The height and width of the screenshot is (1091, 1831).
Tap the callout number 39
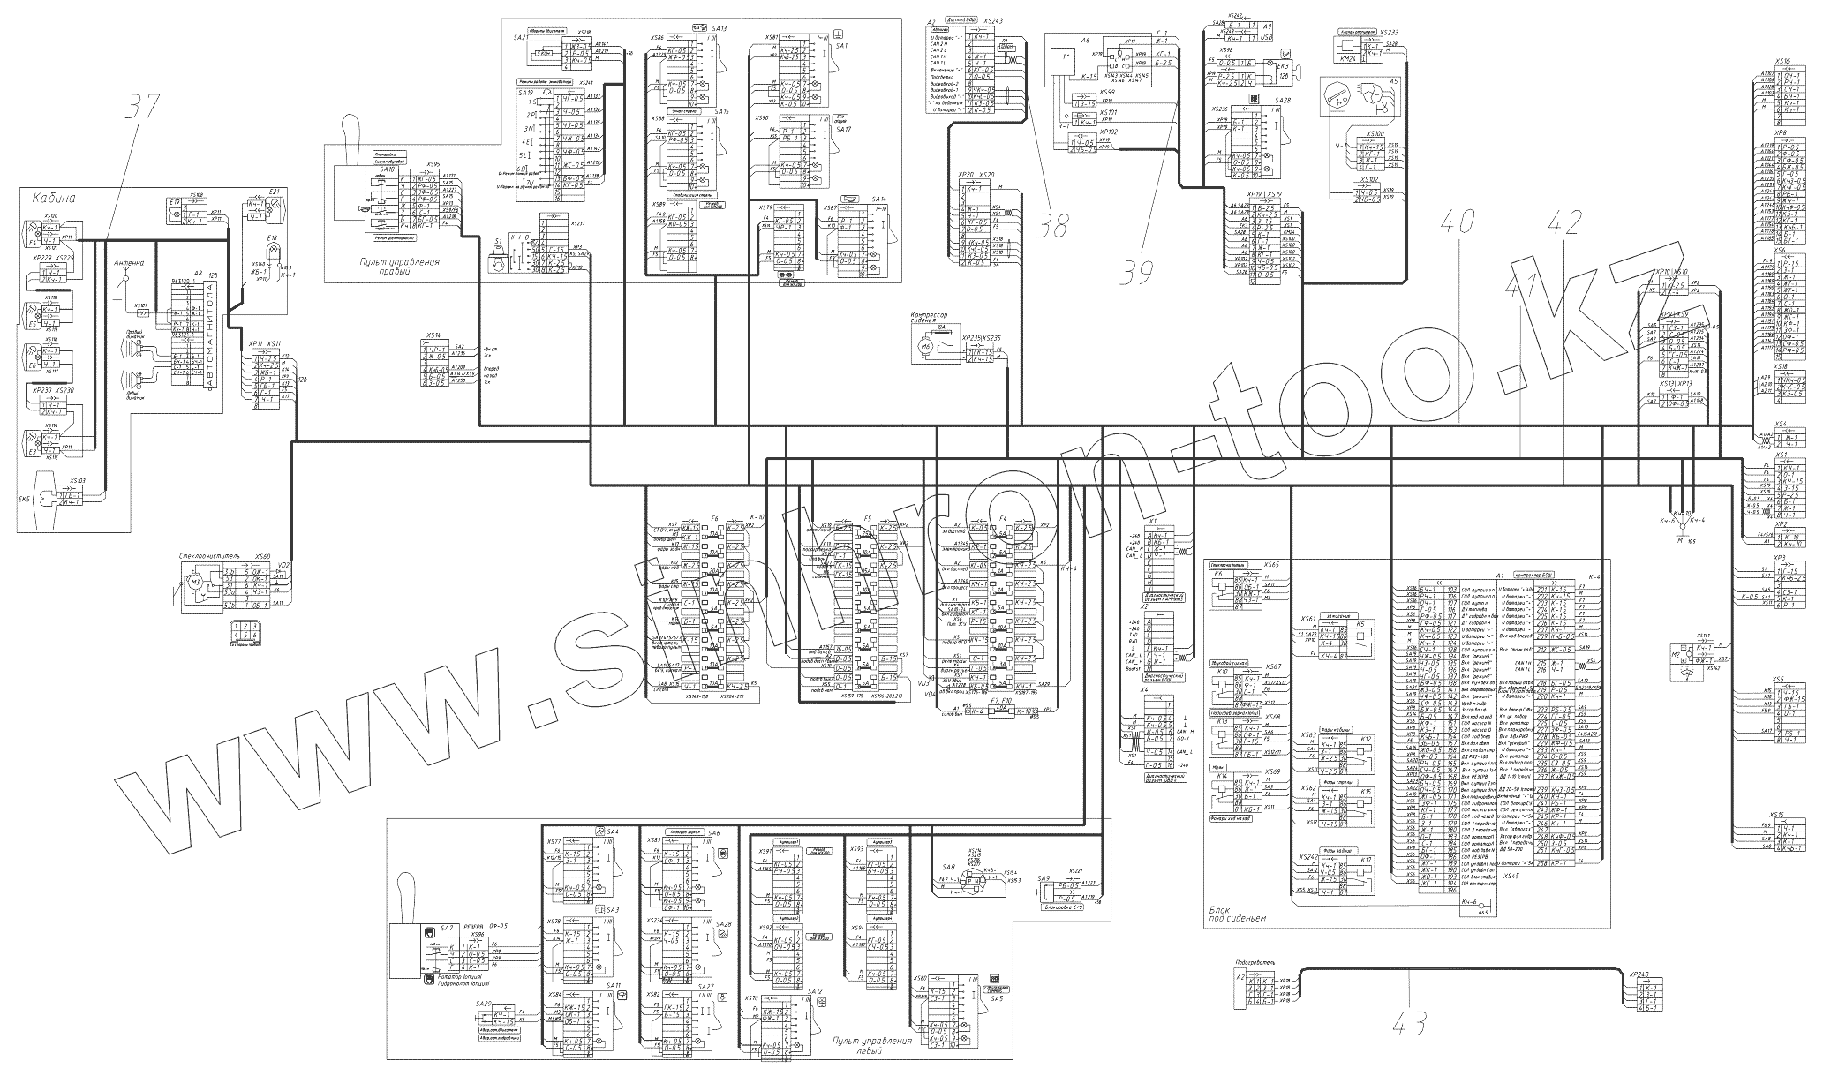[1138, 273]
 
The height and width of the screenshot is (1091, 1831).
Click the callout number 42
[1564, 224]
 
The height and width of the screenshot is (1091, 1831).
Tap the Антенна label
[128, 263]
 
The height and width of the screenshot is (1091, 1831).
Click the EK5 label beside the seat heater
[24, 500]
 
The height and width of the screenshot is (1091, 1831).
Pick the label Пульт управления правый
[399, 267]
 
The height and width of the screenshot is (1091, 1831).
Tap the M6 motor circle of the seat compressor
[925, 348]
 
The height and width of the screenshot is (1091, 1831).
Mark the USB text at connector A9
[1267, 38]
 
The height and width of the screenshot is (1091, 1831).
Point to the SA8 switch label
[949, 867]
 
